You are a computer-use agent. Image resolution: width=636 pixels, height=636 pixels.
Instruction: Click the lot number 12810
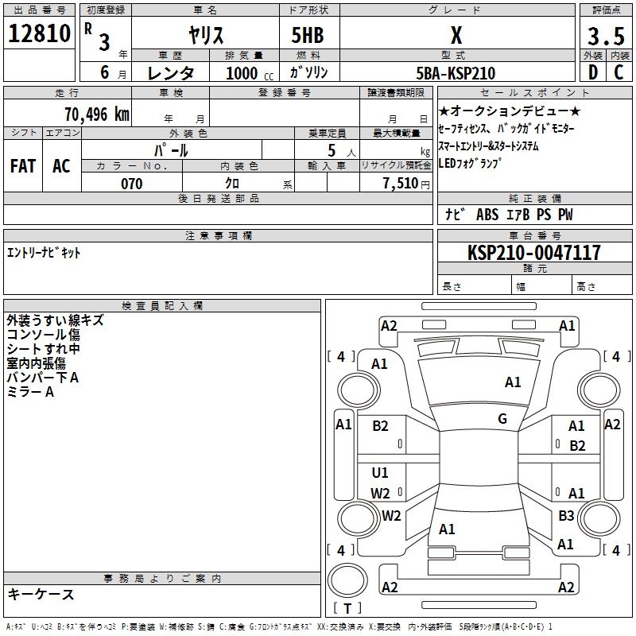[x=39, y=33]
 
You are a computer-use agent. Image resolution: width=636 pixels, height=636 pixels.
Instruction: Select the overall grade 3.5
[x=606, y=36]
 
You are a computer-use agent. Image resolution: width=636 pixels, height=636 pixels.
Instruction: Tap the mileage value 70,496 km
[x=97, y=114]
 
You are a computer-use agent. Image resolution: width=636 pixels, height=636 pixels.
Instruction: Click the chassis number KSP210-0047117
[x=534, y=252]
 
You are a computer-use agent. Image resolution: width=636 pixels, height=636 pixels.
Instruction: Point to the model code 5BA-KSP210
[x=456, y=73]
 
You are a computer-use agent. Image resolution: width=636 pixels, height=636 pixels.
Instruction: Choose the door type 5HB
[x=308, y=35]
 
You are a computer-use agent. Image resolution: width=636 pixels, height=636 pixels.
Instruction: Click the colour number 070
[x=132, y=184]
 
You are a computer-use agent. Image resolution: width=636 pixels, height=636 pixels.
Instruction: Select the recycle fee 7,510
[x=401, y=184]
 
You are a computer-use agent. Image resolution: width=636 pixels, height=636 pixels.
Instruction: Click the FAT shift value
[x=23, y=166]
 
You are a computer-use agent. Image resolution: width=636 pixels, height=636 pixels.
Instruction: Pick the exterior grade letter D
[x=593, y=72]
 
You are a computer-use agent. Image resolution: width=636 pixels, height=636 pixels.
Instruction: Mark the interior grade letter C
[x=619, y=72]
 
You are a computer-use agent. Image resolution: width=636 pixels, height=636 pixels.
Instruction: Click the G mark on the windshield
[x=502, y=419]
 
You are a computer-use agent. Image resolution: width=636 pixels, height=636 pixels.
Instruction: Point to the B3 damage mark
[x=566, y=515]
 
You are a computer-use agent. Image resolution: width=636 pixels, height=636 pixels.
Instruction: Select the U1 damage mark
[x=380, y=472]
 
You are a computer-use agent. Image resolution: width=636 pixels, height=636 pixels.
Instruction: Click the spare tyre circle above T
[x=347, y=580]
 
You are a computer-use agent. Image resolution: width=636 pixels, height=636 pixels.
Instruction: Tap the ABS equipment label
[x=487, y=215]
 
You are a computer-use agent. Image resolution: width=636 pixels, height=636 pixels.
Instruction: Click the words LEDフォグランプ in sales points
[x=470, y=163]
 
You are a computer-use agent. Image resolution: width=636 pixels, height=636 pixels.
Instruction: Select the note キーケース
[x=41, y=594]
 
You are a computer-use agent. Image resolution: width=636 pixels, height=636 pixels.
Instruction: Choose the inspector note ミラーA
[x=30, y=392]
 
